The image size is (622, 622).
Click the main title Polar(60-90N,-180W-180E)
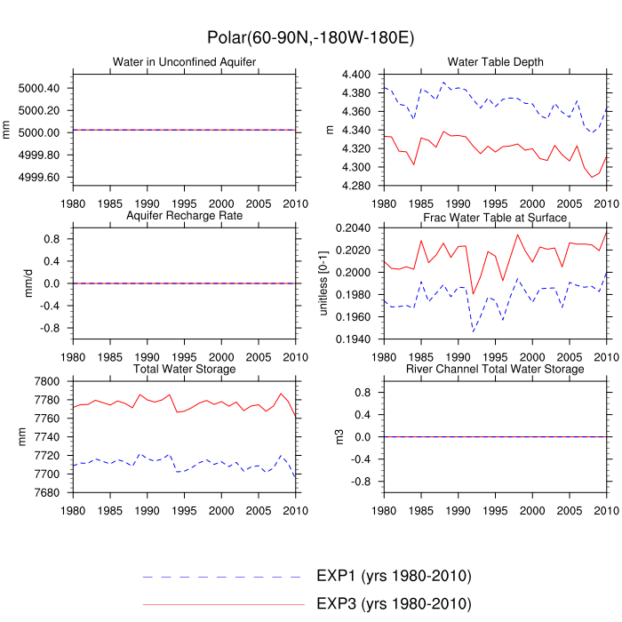click(x=311, y=38)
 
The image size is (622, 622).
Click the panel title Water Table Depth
click(x=495, y=61)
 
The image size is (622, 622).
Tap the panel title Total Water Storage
click(x=184, y=369)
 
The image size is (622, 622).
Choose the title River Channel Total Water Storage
click(x=495, y=369)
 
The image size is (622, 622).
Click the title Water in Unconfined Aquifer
click(x=184, y=61)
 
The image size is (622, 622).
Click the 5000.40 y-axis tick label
click(x=38, y=88)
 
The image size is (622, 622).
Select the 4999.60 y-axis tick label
click(x=38, y=177)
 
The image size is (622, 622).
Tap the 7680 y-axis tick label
click(x=47, y=492)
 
